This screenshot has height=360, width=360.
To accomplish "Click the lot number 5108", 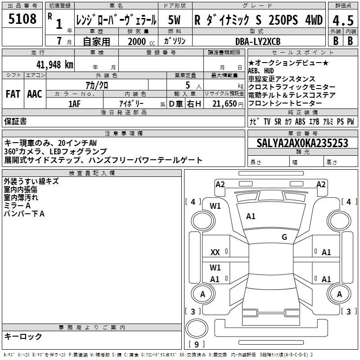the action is [22, 18].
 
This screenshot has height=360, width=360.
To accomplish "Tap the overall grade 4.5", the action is [343, 21].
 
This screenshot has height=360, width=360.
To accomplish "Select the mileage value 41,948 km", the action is [55, 64].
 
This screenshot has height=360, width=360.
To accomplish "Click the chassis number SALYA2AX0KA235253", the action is [302, 143].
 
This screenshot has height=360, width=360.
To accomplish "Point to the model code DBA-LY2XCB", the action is [258, 41].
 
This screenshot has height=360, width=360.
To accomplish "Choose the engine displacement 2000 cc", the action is [141, 41].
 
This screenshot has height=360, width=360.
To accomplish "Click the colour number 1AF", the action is [74, 104].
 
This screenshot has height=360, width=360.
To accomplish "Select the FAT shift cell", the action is [13, 94].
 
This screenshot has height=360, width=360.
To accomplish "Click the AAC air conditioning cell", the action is [35, 94].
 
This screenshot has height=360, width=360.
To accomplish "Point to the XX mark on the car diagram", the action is [215, 252].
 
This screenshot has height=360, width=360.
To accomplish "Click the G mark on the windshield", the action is [284, 237].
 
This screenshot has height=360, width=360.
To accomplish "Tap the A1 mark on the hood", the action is [251, 216].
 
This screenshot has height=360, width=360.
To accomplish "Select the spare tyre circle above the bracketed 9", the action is [197, 329].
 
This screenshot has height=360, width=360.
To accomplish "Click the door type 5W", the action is [174, 20].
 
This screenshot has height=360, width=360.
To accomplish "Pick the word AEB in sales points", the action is [253, 71].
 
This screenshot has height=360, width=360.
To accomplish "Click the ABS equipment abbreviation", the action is [300, 121].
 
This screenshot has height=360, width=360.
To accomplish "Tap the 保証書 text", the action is [15, 121].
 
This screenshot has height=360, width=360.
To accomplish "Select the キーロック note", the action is [23, 336].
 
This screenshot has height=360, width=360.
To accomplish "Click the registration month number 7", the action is [59, 41].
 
